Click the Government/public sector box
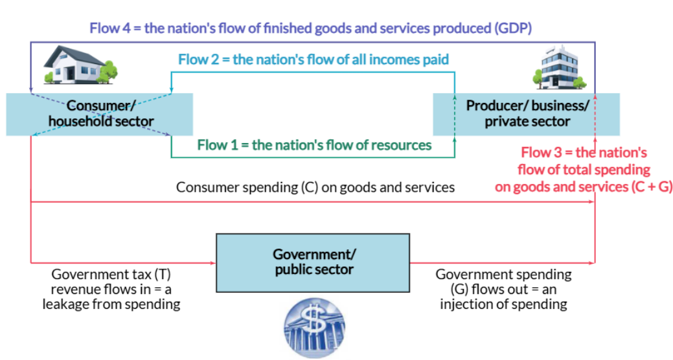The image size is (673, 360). pos(313,263)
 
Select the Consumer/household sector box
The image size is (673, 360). pos(100,114)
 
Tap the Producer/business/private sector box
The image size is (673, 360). pos(526,114)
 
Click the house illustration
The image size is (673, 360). pos(80,65)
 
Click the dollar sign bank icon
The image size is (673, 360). pos(315,328)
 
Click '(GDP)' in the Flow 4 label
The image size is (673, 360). pos(513,28)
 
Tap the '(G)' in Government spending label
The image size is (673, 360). pos(459,289)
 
